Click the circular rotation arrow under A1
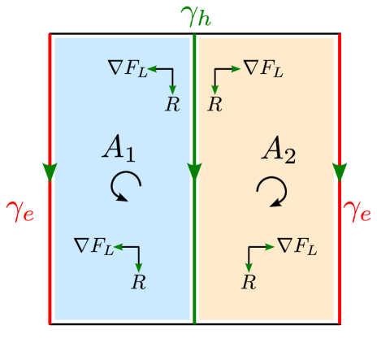click(x=125, y=186)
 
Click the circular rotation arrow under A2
click(x=271, y=192)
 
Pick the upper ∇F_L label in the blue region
click(x=128, y=67)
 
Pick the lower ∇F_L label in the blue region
click(x=93, y=245)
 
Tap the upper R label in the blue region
click(x=172, y=104)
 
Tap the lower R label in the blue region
click(x=139, y=282)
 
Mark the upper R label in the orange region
click(x=214, y=104)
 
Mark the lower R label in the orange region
click(x=249, y=282)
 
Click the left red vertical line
click(x=50, y=260)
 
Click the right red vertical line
click(x=339, y=260)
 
